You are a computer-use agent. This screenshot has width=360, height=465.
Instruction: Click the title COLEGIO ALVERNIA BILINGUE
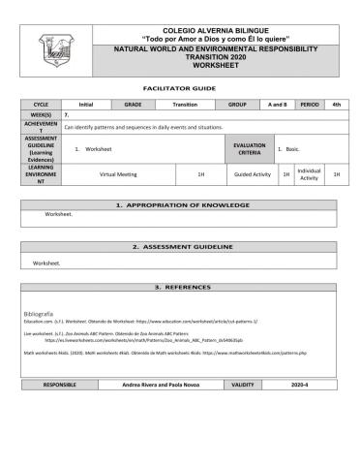(x=217, y=31)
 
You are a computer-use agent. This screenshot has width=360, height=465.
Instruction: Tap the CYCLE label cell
(x=41, y=103)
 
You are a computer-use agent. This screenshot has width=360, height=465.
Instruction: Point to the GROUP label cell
(x=237, y=103)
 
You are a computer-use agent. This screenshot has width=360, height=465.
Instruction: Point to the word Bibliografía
(x=44, y=315)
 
